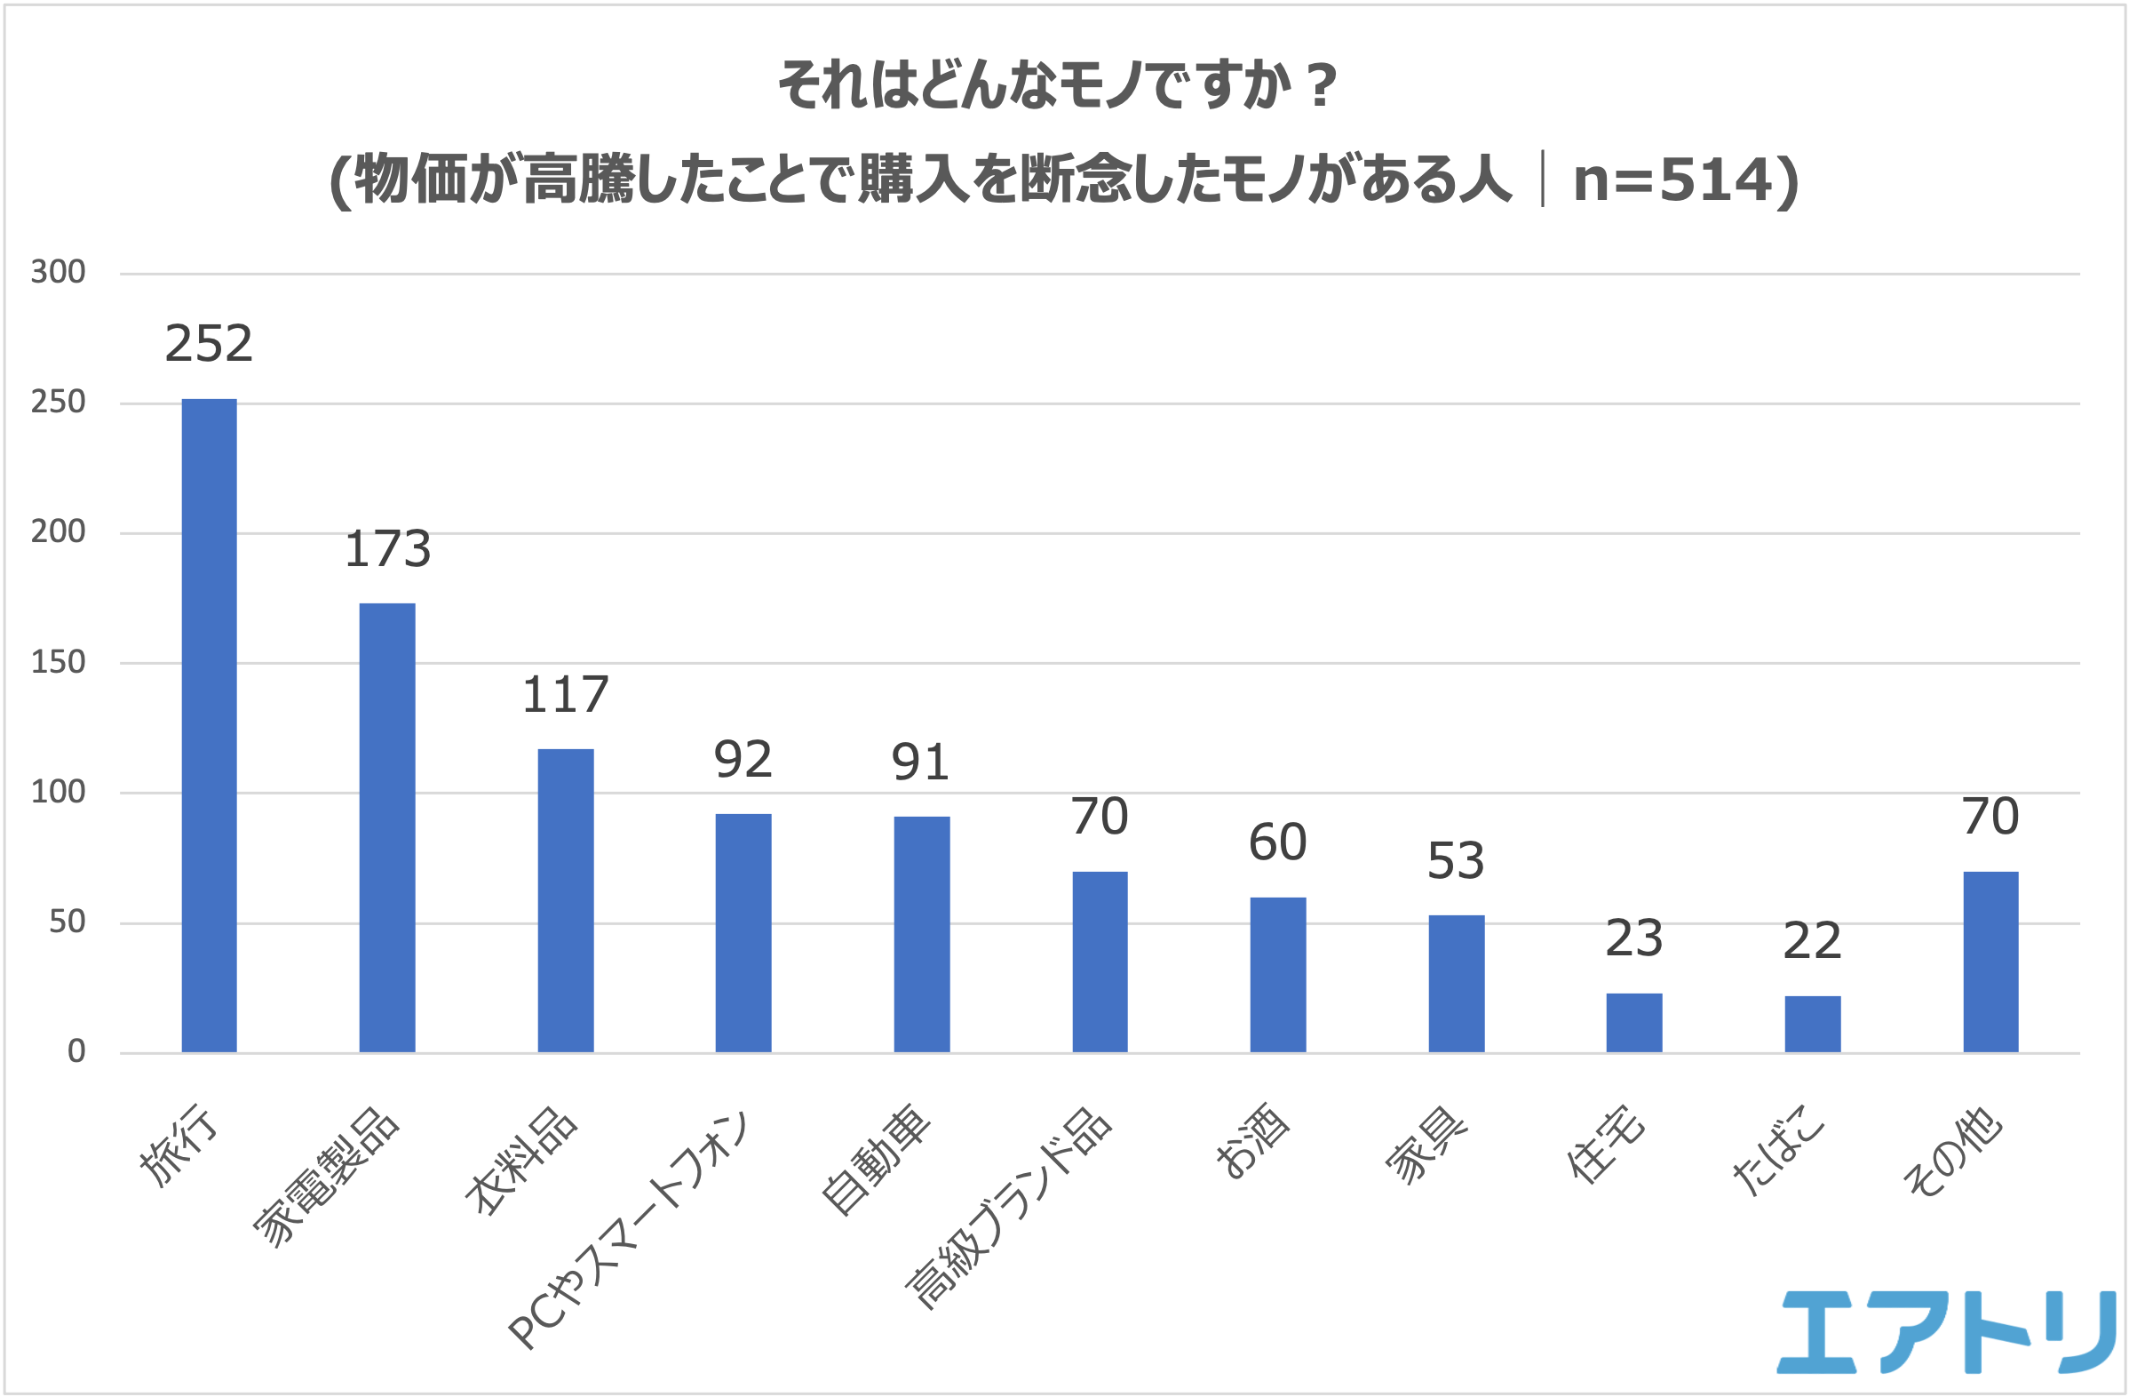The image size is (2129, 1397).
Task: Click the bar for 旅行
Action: (x=210, y=725)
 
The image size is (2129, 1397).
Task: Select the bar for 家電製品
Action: (x=387, y=828)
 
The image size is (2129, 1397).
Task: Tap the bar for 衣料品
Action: (x=566, y=900)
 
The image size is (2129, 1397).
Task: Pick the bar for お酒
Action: (x=1277, y=975)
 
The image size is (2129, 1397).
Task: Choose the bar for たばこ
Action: (x=1812, y=1024)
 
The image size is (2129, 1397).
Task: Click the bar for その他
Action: (x=1990, y=962)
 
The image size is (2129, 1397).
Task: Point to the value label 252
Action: (x=210, y=344)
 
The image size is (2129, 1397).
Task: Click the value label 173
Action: (x=387, y=548)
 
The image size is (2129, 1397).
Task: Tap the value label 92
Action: (x=743, y=760)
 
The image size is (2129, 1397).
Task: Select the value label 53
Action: (x=1456, y=861)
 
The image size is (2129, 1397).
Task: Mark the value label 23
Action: (x=1633, y=938)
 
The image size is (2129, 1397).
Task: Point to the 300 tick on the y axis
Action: (x=58, y=272)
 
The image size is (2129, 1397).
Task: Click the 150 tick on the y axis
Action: (x=58, y=662)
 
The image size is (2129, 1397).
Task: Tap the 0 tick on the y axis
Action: (x=77, y=1051)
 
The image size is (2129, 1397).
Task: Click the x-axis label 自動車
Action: (x=877, y=1160)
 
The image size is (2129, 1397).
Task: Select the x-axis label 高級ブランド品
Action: (x=1009, y=1209)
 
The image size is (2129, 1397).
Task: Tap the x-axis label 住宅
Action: (x=1606, y=1146)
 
